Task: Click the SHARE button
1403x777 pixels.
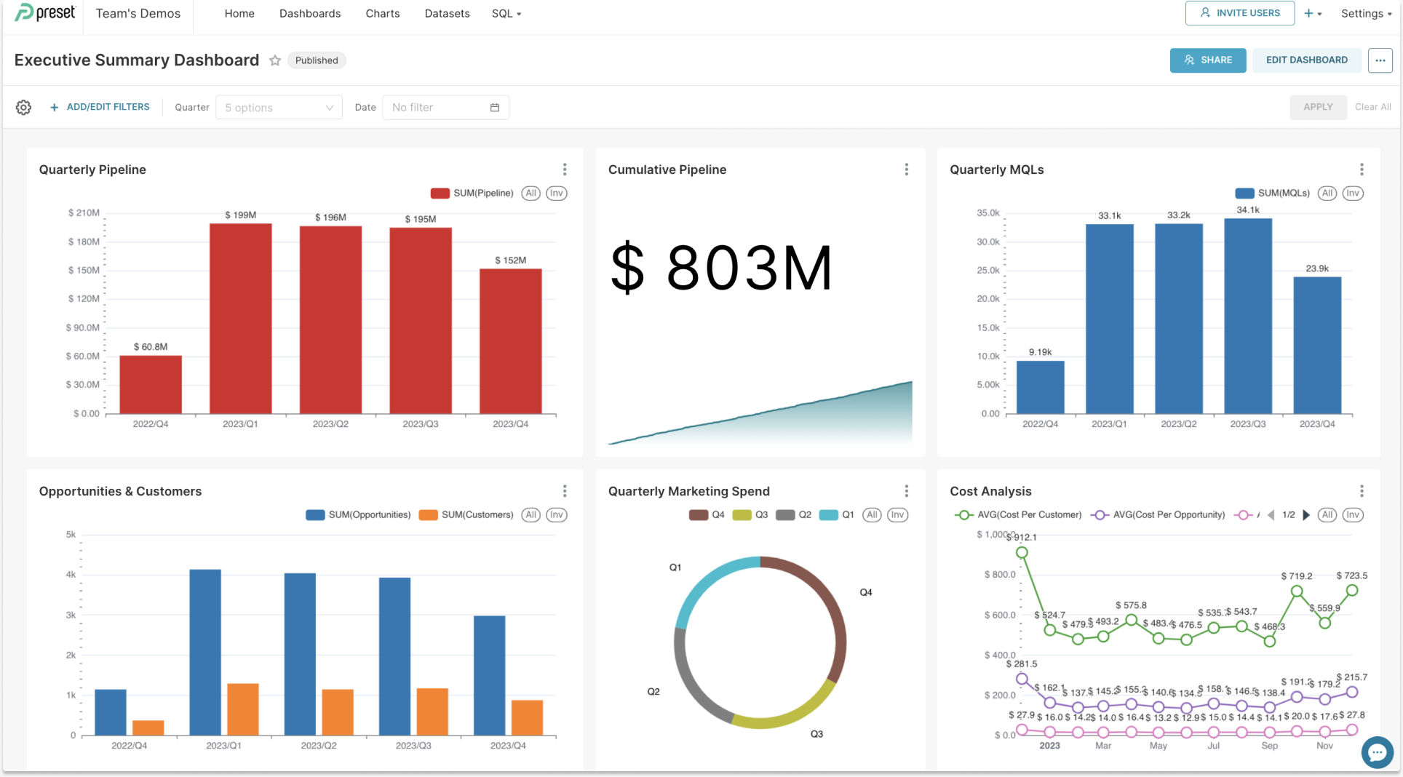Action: [x=1207, y=60]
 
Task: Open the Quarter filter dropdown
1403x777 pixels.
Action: [x=279, y=108]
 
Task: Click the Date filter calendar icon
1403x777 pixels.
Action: [x=495, y=108]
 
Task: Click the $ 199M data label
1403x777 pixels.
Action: [x=240, y=215]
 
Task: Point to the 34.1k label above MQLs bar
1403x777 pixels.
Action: [x=1247, y=210]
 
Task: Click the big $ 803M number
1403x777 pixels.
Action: [x=720, y=268]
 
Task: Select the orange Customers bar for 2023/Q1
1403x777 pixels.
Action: [x=243, y=709]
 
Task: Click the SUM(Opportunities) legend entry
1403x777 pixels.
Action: [x=359, y=515]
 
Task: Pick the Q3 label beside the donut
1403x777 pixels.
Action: [x=816, y=734]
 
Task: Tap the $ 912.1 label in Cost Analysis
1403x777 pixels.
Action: [x=1025, y=538]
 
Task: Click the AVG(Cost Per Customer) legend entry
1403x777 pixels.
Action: [x=1019, y=515]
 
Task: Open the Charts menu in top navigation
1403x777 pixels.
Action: [x=382, y=14]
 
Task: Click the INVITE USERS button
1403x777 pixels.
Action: [x=1239, y=13]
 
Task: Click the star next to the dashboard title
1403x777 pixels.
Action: [x=275, y=60]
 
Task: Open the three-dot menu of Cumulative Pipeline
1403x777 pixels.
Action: [x=906, y=170]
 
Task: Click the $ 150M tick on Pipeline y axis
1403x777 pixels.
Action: [x=84, y=271]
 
